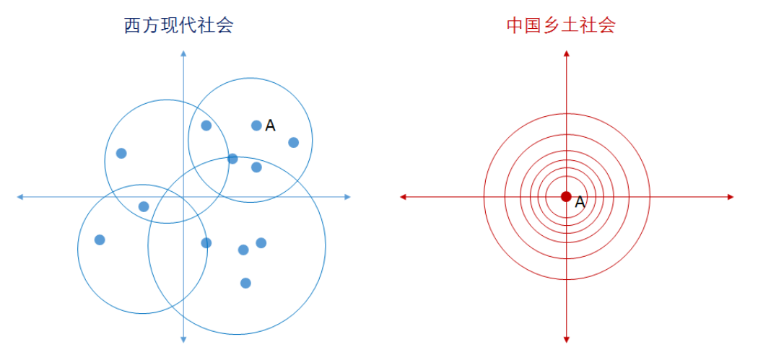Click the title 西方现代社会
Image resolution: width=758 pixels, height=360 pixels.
[178, 26]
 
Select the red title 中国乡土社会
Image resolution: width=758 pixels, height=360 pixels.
[561, 26]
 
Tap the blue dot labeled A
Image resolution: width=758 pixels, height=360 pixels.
[256, 126]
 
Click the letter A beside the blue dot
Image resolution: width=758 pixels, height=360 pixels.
[270, 126]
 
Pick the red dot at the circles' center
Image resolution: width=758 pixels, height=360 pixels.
[566, 196]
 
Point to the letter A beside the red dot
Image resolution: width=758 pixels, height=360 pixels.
[580, 203]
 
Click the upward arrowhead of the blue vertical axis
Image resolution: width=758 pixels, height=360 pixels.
[184, 53]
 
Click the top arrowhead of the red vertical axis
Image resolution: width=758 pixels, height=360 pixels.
[567, 54]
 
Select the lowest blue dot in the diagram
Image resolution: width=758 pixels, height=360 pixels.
[245, 283]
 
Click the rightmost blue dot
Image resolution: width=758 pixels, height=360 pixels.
[293, 142]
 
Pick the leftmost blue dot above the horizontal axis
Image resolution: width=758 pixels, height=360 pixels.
[121, 153]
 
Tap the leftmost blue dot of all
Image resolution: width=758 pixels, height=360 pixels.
[100, 240]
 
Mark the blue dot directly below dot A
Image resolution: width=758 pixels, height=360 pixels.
[256, 167]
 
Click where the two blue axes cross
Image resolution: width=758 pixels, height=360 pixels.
[184, 196]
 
